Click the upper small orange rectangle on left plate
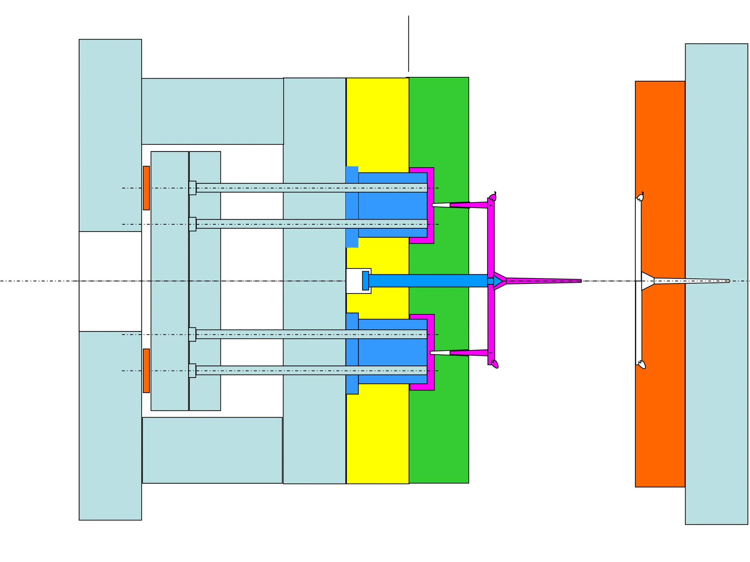(146, 188)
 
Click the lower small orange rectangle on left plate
(146, 371)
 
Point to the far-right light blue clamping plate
(716, 146)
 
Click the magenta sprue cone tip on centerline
(542, 281)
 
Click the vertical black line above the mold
(409, 44)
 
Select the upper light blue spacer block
(212, 111)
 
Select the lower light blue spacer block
(212, 450)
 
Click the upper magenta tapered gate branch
(469, 205)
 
